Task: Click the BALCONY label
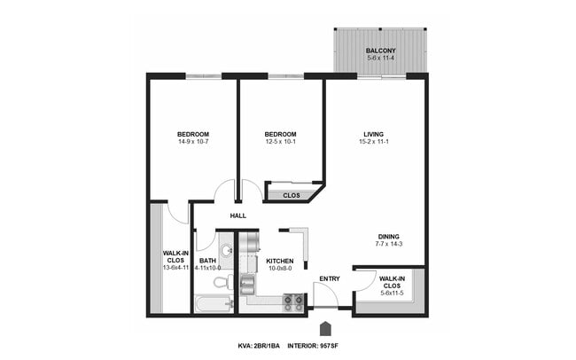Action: (x=381, y=51)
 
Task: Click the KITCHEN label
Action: (x=280, y=261)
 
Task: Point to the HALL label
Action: (x=237, y=215)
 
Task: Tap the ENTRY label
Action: (x=329, y=279)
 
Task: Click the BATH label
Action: (x=207, y=261)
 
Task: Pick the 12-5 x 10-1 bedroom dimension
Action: (x=280, y=144)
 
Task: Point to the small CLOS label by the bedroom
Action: (x=292, y=195)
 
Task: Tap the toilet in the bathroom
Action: (x=222, y=282)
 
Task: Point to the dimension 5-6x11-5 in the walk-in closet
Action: (x=392, y=293)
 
